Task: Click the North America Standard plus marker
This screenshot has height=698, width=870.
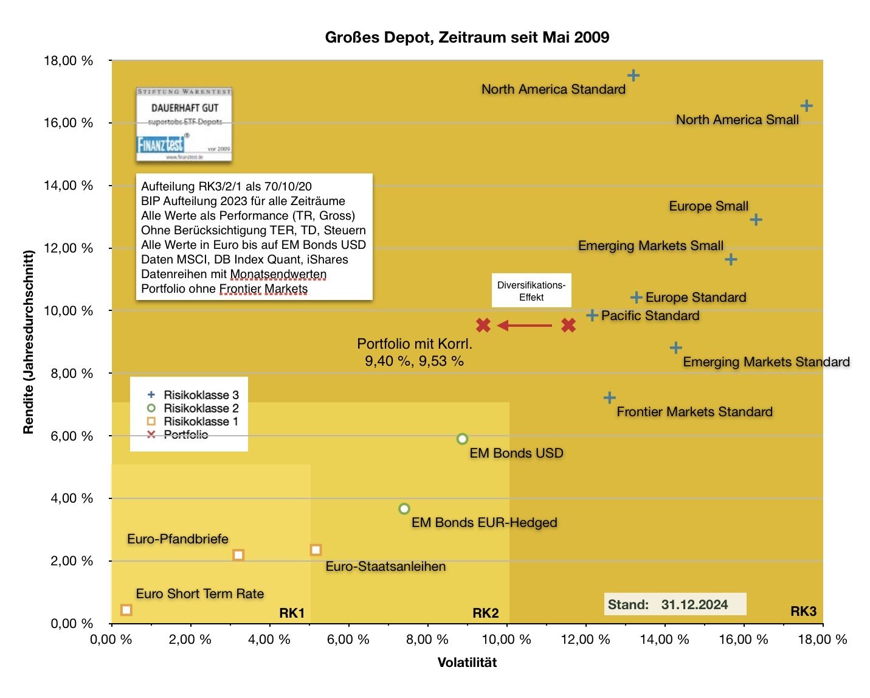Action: (x=633, y=75)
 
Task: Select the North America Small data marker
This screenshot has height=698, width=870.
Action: (x=806, y=106)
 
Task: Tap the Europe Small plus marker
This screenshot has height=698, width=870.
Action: (x=756, y=220)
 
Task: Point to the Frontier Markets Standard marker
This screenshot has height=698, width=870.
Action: (x=609, y=398)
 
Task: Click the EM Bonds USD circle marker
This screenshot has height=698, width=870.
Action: (x=462, y=439)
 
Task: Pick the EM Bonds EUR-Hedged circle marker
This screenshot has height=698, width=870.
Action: (x=404, y=509)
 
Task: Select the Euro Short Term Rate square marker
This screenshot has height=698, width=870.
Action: (x=126, y=610)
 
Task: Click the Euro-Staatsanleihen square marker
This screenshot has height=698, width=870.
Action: (x=316, y=550)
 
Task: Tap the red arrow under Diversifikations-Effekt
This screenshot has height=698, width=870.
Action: (x=525, y=326)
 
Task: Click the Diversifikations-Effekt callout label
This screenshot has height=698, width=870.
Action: (x=531, y=291)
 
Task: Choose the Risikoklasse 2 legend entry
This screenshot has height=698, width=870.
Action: (x=194, y=408)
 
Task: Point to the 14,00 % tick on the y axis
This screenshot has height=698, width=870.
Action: (x=68, y=186)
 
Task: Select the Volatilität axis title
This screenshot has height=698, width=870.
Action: (x=467, y=663)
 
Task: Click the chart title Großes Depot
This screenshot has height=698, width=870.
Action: (x=467, y=38)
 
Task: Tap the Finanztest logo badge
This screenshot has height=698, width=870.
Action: (x=184, y=125)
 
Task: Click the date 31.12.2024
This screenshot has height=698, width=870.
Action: (x=694, y=604)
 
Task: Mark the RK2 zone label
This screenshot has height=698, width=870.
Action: (x=485, y=613)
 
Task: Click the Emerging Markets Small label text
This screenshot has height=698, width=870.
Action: (x=651, y=246)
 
